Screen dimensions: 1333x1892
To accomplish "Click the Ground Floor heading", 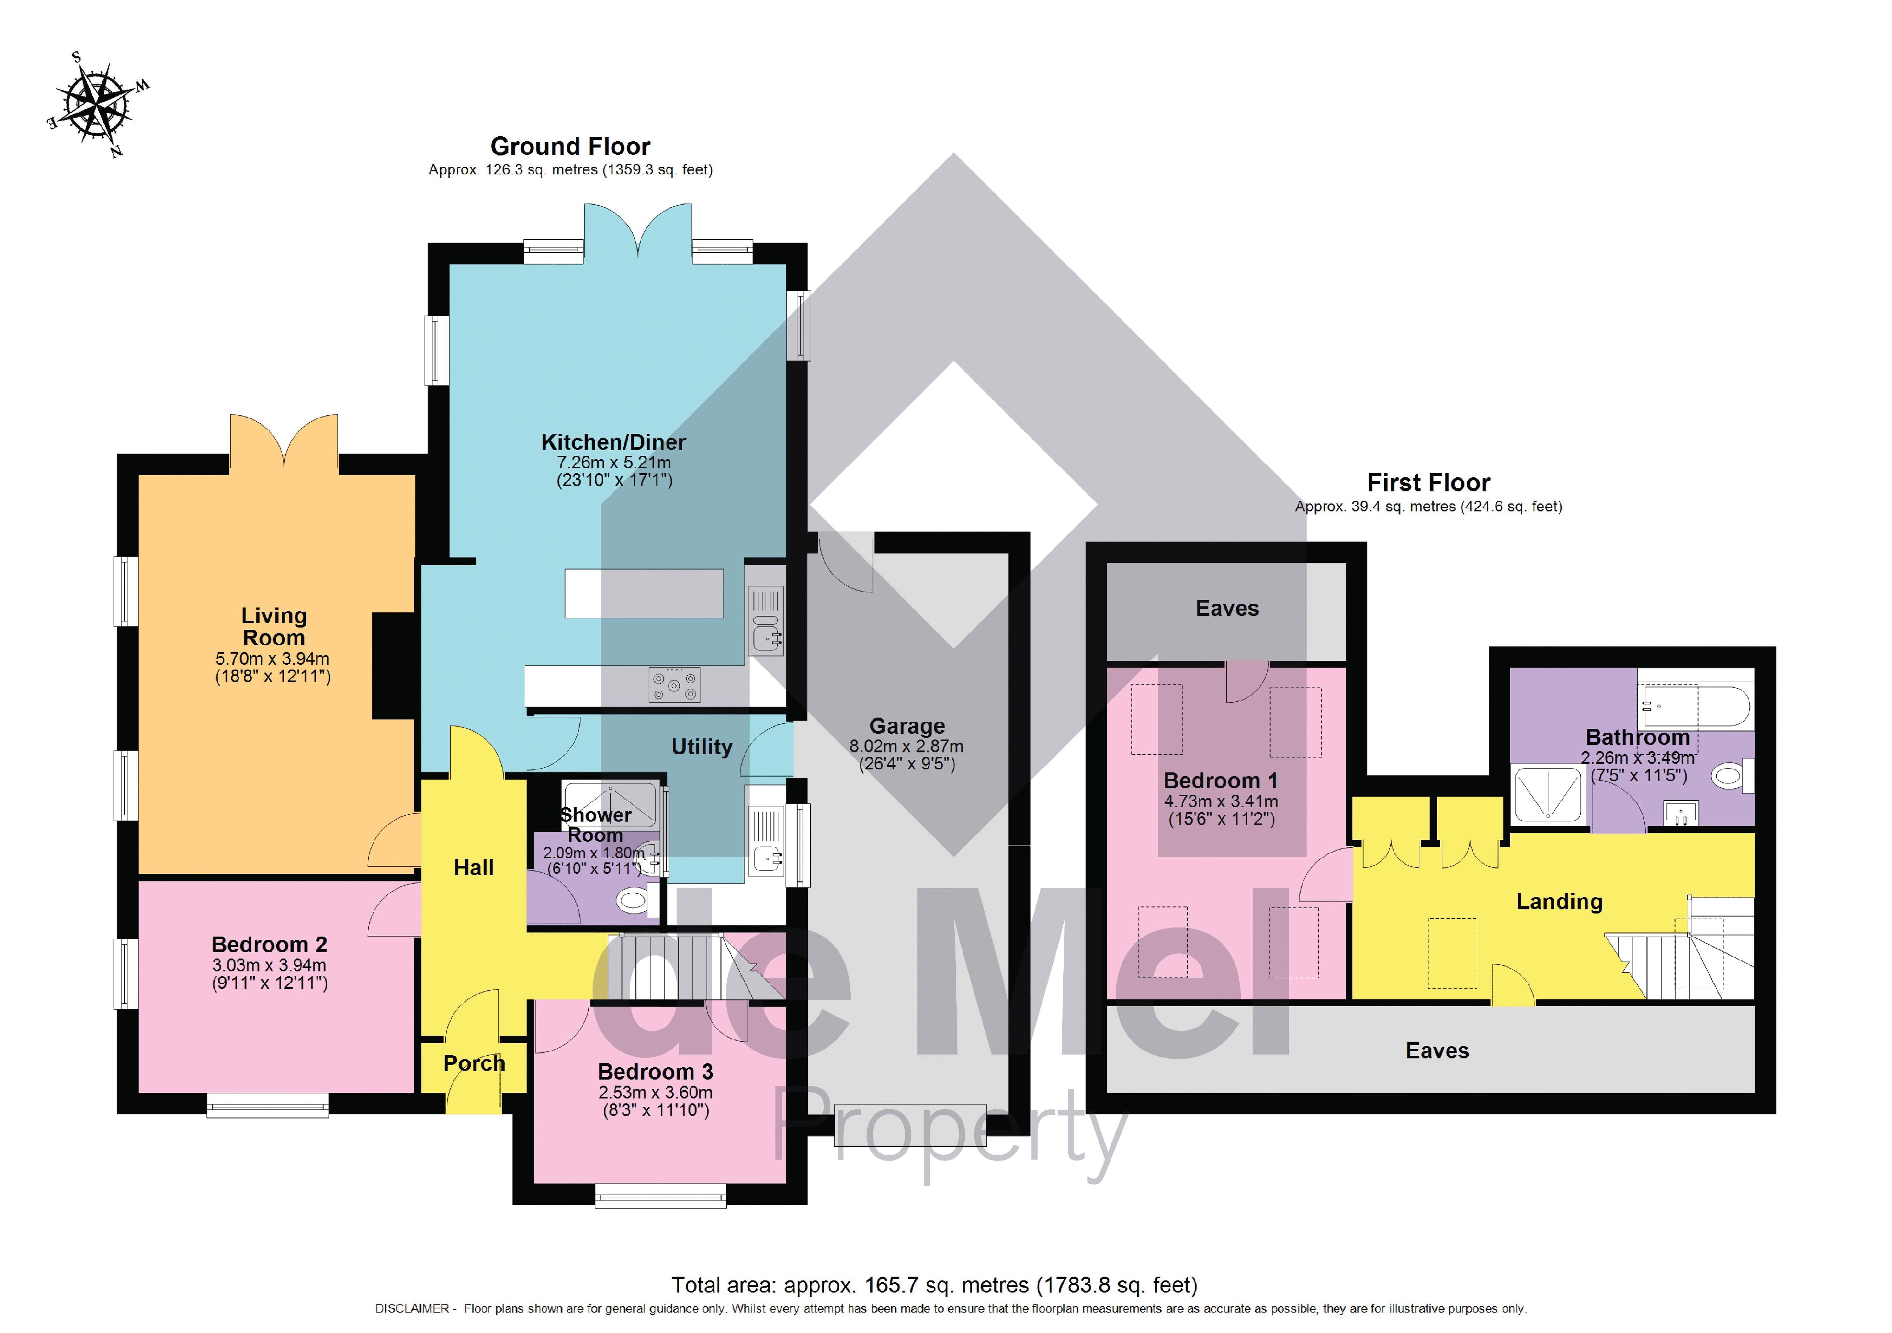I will tap(570, 147).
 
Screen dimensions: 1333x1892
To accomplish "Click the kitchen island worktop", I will tap(644, 593).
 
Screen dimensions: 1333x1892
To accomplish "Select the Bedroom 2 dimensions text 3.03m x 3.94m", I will tap(269, 965).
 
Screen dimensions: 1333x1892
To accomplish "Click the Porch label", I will tap(474, 1064).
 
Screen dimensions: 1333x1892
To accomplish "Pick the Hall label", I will tap(474, 867).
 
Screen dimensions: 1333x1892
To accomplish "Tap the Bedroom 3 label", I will tap(655, 1072).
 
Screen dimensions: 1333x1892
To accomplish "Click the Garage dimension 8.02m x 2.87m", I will tap(906, 746).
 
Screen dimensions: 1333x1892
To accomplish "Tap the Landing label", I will tap(1559, 902).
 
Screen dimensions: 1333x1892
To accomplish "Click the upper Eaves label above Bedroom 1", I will tap(1227, 609).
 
